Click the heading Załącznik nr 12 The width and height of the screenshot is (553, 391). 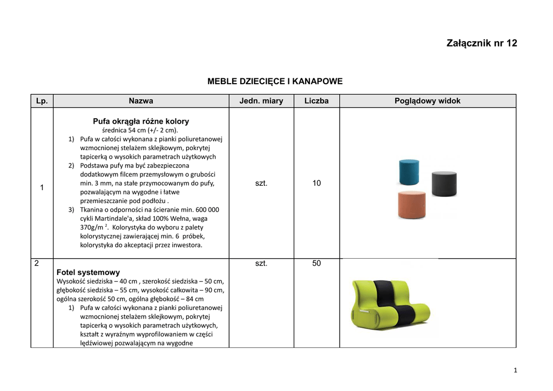coord(482,43)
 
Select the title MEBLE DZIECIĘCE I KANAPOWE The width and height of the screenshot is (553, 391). coord(275,82)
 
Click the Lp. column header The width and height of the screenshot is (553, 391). coord(42,101)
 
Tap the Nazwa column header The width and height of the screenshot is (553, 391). coord(141,101)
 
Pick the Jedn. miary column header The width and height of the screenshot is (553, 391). coord(261,101)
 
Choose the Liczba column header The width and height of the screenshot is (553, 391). coord(316,101)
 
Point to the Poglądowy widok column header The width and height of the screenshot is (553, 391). coord(427,101)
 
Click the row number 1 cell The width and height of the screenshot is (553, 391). coord(42,187)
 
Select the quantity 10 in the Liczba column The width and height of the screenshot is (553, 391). coord(316,184)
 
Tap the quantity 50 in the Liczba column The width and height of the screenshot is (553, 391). coord(316,264)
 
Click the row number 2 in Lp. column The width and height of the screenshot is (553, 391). coord(36,264)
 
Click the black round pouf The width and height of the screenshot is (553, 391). coord(444,184)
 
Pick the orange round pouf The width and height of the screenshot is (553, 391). coord(412,205)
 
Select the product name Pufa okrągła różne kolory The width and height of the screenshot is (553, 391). coord(141,122)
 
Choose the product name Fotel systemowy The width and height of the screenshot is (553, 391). coord(88,273)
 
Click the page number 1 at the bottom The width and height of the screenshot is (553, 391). coord(516,370)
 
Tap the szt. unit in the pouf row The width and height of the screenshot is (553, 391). coord(261,184)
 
